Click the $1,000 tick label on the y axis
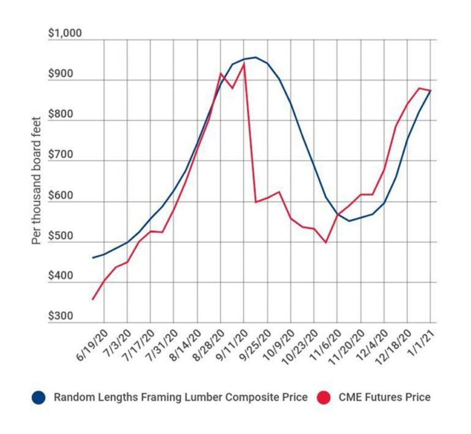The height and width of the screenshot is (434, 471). [x=64, y=33]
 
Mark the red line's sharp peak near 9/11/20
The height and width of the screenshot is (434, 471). [x=244, y=64]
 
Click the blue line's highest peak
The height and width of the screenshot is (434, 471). [x=255, y=57]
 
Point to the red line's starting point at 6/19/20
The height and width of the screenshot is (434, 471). [x=93, y=299]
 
